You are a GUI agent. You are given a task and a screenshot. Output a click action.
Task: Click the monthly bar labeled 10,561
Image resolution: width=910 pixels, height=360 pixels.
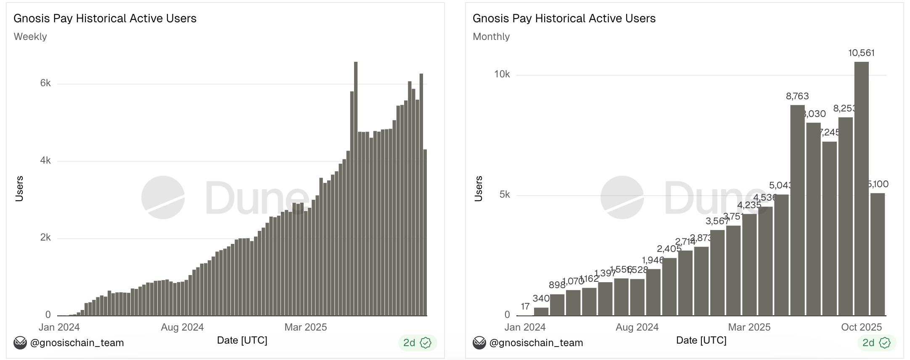click(861, 189)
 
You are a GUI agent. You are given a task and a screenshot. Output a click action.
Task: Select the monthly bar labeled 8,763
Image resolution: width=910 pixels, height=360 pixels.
click(797, 210)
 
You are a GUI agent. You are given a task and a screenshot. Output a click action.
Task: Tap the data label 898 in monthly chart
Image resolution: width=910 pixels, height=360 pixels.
click(557, 285)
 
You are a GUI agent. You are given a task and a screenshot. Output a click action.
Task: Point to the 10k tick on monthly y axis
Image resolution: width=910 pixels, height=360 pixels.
click(502, 74)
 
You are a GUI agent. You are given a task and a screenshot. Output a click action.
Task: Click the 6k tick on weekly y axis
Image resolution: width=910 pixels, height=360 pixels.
click(45, 83)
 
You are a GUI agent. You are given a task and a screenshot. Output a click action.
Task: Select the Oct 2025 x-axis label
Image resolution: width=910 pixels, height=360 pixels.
click(861, 327)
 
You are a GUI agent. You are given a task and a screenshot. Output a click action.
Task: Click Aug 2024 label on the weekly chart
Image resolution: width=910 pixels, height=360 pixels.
click(182, 327)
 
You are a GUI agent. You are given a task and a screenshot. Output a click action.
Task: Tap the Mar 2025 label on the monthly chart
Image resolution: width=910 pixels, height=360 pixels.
click(749, 327)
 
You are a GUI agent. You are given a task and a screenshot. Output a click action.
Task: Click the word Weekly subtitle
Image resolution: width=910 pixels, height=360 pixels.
click(30, 37)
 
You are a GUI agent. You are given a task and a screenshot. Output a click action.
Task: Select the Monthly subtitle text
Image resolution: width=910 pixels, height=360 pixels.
click(491, 37)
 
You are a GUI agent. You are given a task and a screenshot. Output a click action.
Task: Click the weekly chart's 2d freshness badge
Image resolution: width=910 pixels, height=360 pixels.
click(417, 343)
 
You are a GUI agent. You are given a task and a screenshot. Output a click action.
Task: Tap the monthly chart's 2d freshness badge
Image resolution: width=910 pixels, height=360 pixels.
click(876, 343)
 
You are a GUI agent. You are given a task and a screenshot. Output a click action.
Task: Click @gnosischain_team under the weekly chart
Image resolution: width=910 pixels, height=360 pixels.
click(77, 343)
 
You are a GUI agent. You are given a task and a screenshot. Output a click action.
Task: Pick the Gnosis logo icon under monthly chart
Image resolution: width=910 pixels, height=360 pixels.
click(479, 343)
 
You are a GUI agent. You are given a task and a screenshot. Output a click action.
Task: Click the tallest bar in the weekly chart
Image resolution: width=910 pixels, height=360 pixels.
click(356, 189)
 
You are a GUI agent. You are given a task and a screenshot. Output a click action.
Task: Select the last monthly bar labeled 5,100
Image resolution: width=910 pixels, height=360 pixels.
click(878, 254)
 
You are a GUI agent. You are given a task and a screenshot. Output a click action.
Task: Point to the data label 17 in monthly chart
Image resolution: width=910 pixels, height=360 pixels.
click(525, 307)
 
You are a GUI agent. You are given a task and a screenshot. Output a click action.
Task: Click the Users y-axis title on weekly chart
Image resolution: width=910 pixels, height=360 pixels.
click(19, 189)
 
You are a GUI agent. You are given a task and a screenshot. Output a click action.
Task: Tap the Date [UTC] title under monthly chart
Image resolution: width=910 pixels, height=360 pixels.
click(701, 340)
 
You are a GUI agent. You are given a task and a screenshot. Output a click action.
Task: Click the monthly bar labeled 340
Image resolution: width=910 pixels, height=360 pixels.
click(541, 312)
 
